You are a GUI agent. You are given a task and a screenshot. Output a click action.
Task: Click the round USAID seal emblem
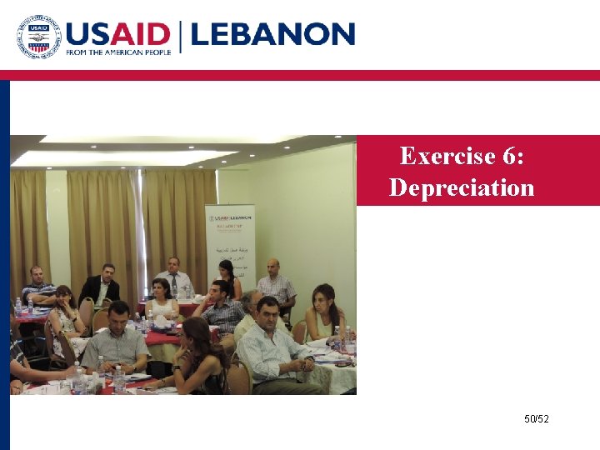[39, 37]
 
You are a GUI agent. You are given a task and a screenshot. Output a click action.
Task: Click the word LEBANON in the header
[273, 35]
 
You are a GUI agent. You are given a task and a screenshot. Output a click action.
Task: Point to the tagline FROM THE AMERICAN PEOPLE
[119, 52]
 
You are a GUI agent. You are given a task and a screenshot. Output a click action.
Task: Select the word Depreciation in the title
[462, 187]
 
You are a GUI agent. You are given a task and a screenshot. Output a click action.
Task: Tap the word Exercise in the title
[442, 156]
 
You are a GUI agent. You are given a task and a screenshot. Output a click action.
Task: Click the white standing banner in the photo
[230, 242]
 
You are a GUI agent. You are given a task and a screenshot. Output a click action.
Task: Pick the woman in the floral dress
[63, 312]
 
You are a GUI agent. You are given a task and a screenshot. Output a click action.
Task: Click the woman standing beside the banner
[226, 279]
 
